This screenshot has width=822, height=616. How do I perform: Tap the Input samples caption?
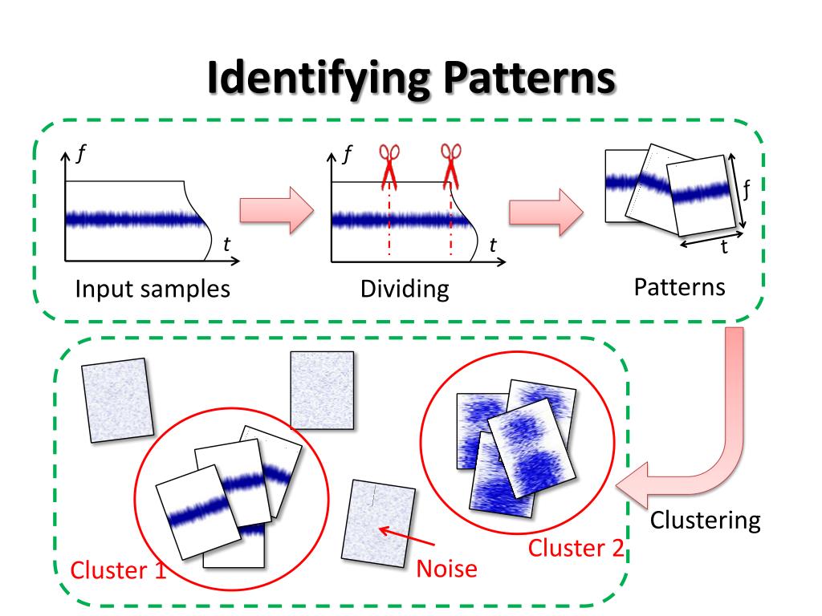[153, 288]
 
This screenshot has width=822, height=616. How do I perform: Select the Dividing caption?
[405, 289]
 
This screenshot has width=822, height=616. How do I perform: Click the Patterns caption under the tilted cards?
[680, 286]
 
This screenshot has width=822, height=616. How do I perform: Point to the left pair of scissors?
[389, 164]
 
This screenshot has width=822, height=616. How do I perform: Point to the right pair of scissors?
[451, 164]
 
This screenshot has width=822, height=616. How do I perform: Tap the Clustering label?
[705, 520]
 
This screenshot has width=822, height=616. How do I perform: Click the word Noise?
[447, 569]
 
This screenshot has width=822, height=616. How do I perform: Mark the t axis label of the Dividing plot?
[492, 245]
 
